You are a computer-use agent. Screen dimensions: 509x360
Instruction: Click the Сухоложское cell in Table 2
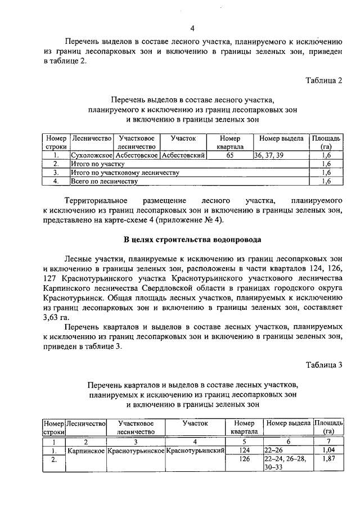tap(91, 155)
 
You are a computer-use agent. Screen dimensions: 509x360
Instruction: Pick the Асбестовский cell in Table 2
tap(183, 155)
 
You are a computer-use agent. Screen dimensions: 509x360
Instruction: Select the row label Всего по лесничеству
tap(104, 182)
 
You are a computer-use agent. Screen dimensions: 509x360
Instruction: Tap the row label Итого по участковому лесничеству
tap(124, 173)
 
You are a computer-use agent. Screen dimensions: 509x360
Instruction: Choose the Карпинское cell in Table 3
tap(86, 451)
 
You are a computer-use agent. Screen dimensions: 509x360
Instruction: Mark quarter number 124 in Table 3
tap(244, 451)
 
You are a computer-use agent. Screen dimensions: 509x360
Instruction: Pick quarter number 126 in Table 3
tap(244, 460)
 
